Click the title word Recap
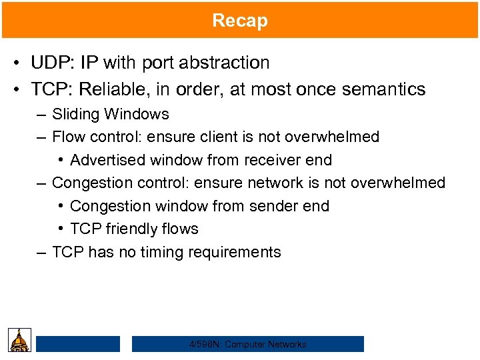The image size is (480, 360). (240, 20)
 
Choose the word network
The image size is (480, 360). (275, 183)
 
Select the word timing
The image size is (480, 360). (164, 253)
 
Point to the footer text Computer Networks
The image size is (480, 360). (265, 345)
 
